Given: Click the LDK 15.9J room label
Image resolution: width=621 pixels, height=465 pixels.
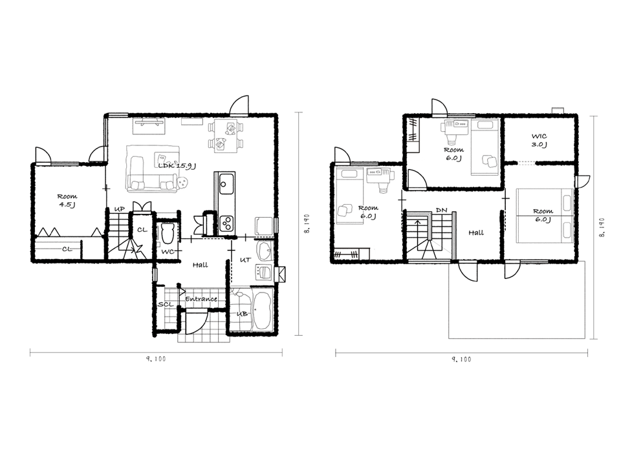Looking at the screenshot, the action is [177, 166].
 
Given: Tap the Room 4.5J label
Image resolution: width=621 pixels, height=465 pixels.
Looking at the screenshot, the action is [67, 200].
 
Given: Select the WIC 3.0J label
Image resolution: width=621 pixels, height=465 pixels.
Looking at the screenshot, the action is [539, 140].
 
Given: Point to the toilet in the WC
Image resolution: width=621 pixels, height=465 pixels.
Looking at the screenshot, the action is [167, 234].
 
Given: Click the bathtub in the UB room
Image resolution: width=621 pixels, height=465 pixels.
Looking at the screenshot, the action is [261, 311].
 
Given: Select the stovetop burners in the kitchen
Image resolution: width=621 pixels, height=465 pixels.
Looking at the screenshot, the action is [227, 223].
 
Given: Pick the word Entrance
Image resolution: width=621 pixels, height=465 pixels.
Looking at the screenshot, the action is [201, 299].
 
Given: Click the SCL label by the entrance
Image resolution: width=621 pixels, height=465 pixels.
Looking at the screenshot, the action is [165, 304].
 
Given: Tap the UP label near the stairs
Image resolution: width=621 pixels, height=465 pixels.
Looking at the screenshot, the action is [119, 209].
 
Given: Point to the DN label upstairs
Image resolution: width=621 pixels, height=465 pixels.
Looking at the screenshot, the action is [441, 210].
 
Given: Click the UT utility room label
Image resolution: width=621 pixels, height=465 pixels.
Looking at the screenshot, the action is [246, 260].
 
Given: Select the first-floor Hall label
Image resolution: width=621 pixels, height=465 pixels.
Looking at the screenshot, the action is [200, 265].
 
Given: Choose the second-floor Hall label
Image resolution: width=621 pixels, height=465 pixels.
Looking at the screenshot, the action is [475, 233].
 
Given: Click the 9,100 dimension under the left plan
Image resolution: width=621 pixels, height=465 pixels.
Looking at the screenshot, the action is [156, 359].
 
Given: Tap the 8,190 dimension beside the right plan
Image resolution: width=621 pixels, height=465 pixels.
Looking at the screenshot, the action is [602, 227].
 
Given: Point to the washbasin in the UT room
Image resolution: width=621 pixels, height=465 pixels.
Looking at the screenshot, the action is [265, 250].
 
